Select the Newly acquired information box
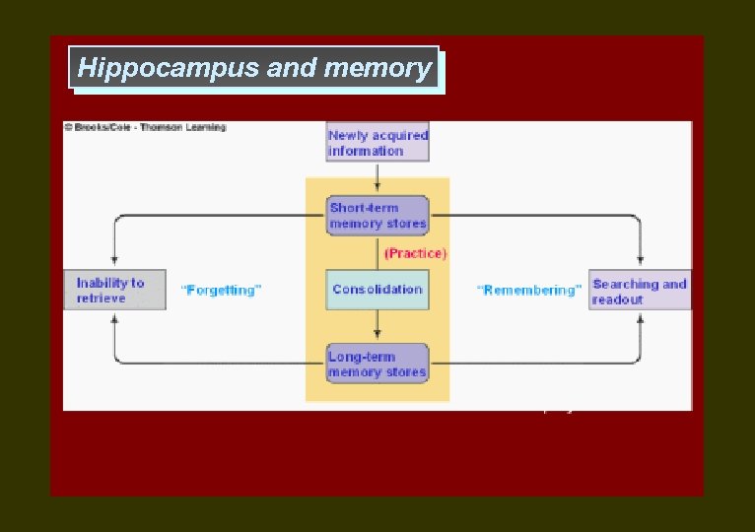pos(377,143)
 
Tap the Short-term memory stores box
pos(377,215)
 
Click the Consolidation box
pos(377,290)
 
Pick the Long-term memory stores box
pos(377,364)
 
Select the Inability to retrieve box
pos(114,290)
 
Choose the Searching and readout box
pos(640,290)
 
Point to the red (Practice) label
pos(415,253)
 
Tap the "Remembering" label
pos(528,291)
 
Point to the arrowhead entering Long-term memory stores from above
pos(377,337)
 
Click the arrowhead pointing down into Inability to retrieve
pos(115,263)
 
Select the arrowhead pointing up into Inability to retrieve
pos(115,316)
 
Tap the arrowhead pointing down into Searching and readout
pos(641,263)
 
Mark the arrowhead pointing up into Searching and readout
pos(641,316)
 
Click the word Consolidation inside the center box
pos(377,290)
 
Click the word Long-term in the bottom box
pos(363,357)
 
